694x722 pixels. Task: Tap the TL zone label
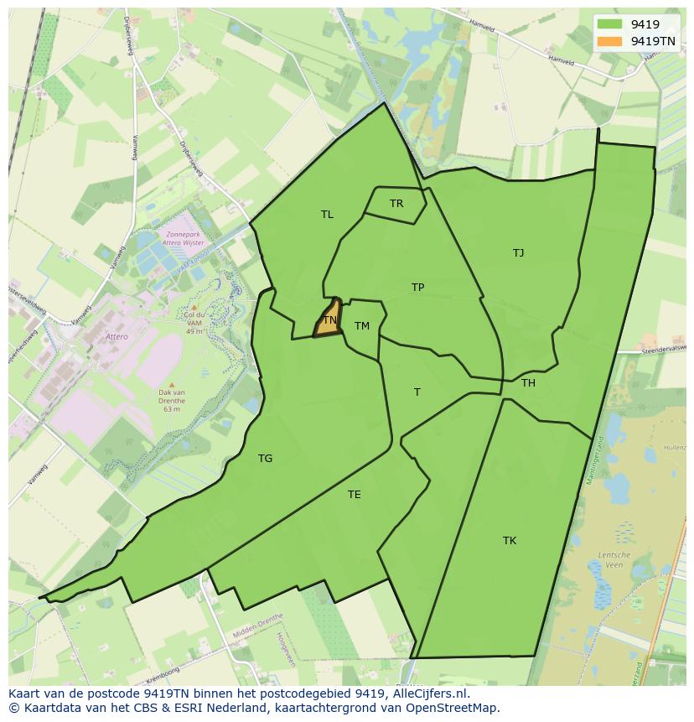tap(327, 215)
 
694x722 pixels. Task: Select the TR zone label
tap(396, 204)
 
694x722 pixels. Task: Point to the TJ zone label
tap(518, 252)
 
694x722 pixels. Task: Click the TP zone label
tap(417, 288)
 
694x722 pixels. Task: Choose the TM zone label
tap(361, 326)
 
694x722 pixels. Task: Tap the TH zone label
tap(528, 383)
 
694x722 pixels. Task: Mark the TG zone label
tap(265, 459)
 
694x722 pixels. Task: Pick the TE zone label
tap(355, 495)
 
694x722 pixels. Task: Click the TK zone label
tap(510, 541)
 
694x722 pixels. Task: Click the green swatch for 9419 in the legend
tap(610, 24)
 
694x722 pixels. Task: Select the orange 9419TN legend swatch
tap(610, 41)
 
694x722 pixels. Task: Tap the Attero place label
tap(117, 337)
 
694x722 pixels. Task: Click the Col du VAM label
tap(194, 319)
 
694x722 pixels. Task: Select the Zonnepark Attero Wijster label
tap(185, 239)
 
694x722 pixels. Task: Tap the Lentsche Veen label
tap(614, 559)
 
